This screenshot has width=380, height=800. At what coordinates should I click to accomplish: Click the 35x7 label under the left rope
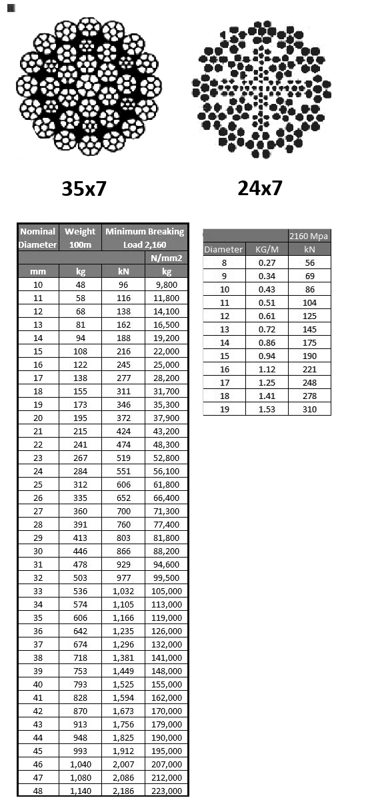(84, 189)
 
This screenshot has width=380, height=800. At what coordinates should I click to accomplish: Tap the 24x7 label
(260, 189)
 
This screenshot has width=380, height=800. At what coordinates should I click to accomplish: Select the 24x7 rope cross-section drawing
(261, 92)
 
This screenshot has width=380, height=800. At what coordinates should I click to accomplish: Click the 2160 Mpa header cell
(309, 236)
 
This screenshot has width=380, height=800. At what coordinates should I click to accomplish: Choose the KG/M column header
(267, 250)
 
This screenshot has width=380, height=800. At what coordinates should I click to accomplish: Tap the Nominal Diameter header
(38, 238)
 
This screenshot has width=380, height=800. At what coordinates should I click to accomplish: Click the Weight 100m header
(80, 238)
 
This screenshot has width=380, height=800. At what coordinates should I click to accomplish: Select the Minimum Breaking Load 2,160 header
(145, 238)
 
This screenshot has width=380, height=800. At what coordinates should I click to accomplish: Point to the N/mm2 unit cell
(166, 258)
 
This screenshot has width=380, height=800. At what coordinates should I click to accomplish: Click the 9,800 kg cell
(166, 284)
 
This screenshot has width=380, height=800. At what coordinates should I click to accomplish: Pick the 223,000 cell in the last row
(166, 791)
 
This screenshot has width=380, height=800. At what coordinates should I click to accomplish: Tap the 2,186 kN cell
(123, 791)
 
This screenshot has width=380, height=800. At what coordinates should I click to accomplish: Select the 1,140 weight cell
(80, 791)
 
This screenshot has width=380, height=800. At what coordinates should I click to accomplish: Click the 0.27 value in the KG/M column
(267, 263)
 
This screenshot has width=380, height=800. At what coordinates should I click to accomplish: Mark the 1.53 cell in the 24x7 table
(267, 409)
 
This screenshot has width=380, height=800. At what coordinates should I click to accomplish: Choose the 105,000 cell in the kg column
(166, 591)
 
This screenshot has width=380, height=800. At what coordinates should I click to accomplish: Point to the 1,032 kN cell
(123, 591)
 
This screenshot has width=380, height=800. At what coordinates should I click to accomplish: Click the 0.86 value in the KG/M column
(267, 342)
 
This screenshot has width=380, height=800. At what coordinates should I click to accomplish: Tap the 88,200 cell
(166, 551)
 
